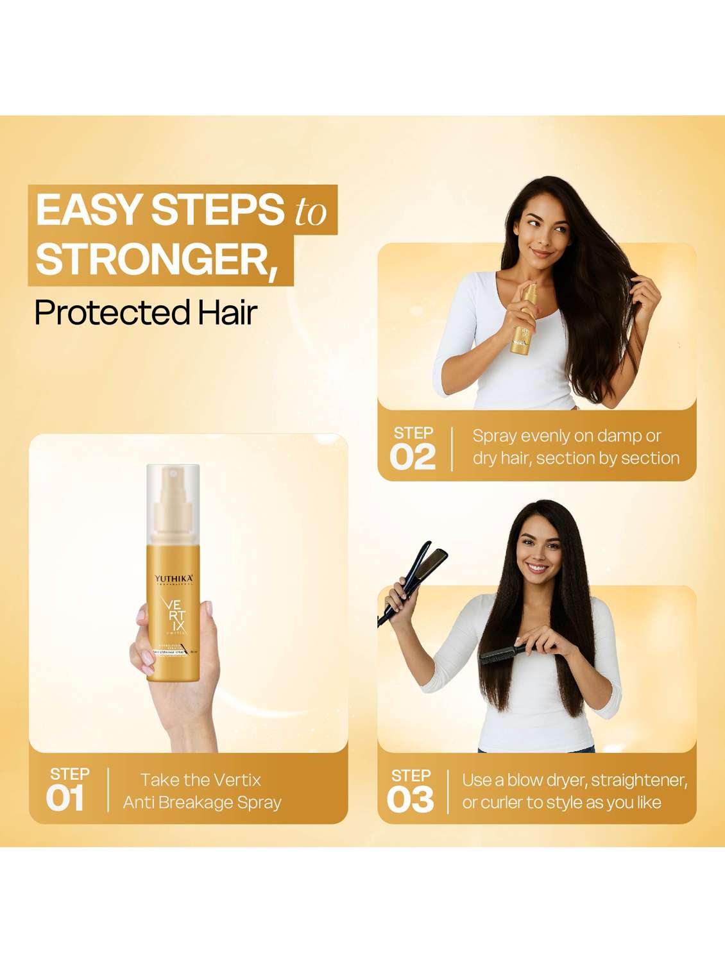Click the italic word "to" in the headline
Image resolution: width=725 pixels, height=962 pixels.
311,212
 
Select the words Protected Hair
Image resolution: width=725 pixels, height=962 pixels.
146,313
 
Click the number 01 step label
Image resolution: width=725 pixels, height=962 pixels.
65,799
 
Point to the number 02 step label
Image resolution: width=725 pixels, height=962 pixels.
413,457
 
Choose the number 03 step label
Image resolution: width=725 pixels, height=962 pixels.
410,800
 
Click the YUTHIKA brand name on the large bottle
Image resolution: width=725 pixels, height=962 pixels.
173,579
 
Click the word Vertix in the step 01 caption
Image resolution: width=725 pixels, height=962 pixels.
235,780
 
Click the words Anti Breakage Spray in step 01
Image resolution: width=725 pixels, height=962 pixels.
202,803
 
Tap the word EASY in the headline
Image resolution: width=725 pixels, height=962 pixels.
89,210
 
